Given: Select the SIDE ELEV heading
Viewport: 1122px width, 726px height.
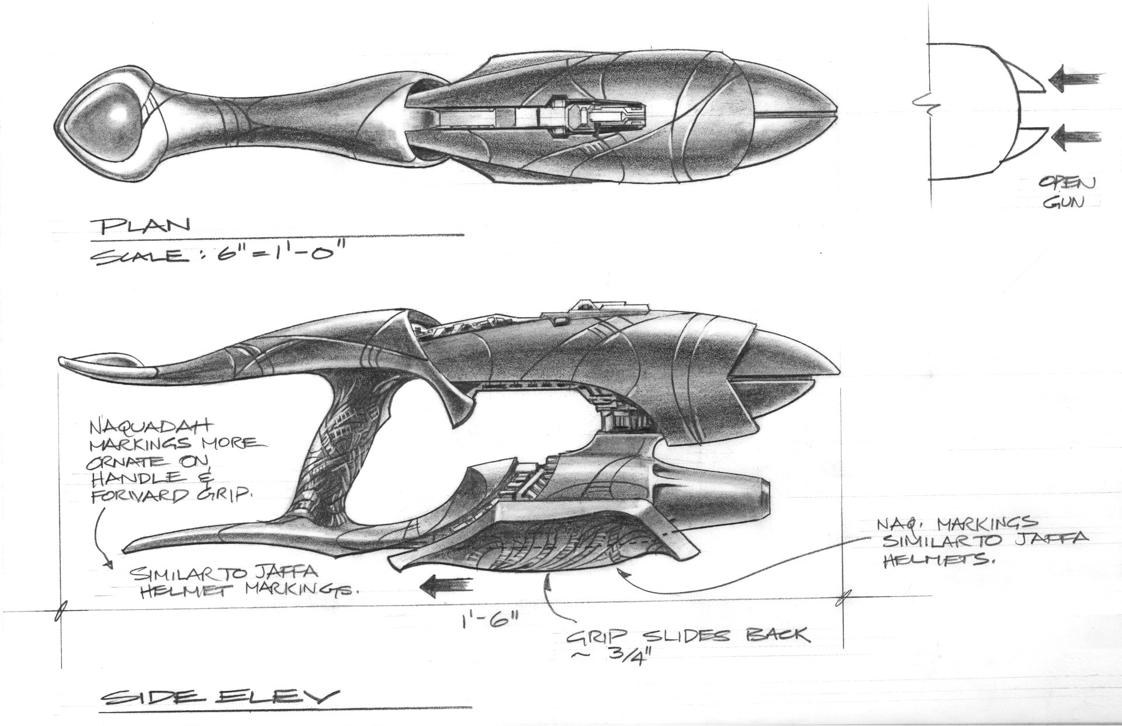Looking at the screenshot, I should pyautogui.click(x=217, y=697).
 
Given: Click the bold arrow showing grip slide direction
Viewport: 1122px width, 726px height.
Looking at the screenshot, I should pyautogui.click(x=448, y=583).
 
